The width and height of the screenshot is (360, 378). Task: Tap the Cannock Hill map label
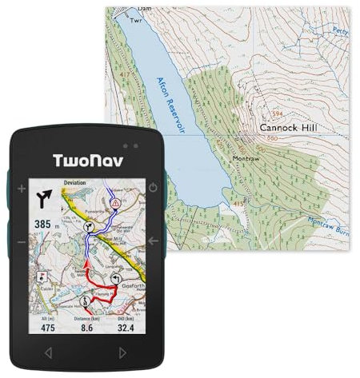click(x=290, y=127)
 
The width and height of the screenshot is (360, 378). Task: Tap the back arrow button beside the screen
click(x=153, y=241)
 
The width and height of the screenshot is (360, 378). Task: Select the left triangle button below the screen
click(x=48, y=352)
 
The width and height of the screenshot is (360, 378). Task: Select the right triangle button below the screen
click(x=122, y=352)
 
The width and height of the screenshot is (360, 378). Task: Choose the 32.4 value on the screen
click(x=125, y=328)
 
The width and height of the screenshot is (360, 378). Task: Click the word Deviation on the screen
click(x=75, y=183)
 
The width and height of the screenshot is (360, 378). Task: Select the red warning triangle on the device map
click(x=116, y=204)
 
